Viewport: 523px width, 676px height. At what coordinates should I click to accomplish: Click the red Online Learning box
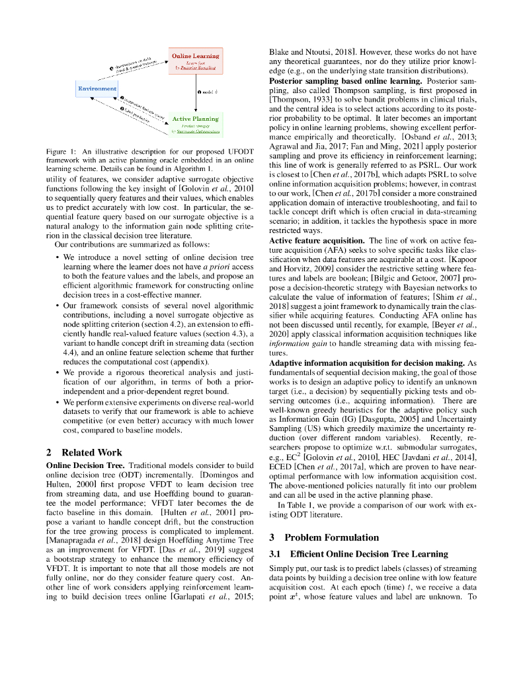[x=195, y=60]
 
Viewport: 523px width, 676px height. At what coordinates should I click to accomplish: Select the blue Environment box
[x=97, y=88]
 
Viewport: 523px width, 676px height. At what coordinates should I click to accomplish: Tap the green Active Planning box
[x=195, y=123]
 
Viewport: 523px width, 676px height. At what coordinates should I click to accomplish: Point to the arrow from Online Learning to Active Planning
[x=195, y=92]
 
